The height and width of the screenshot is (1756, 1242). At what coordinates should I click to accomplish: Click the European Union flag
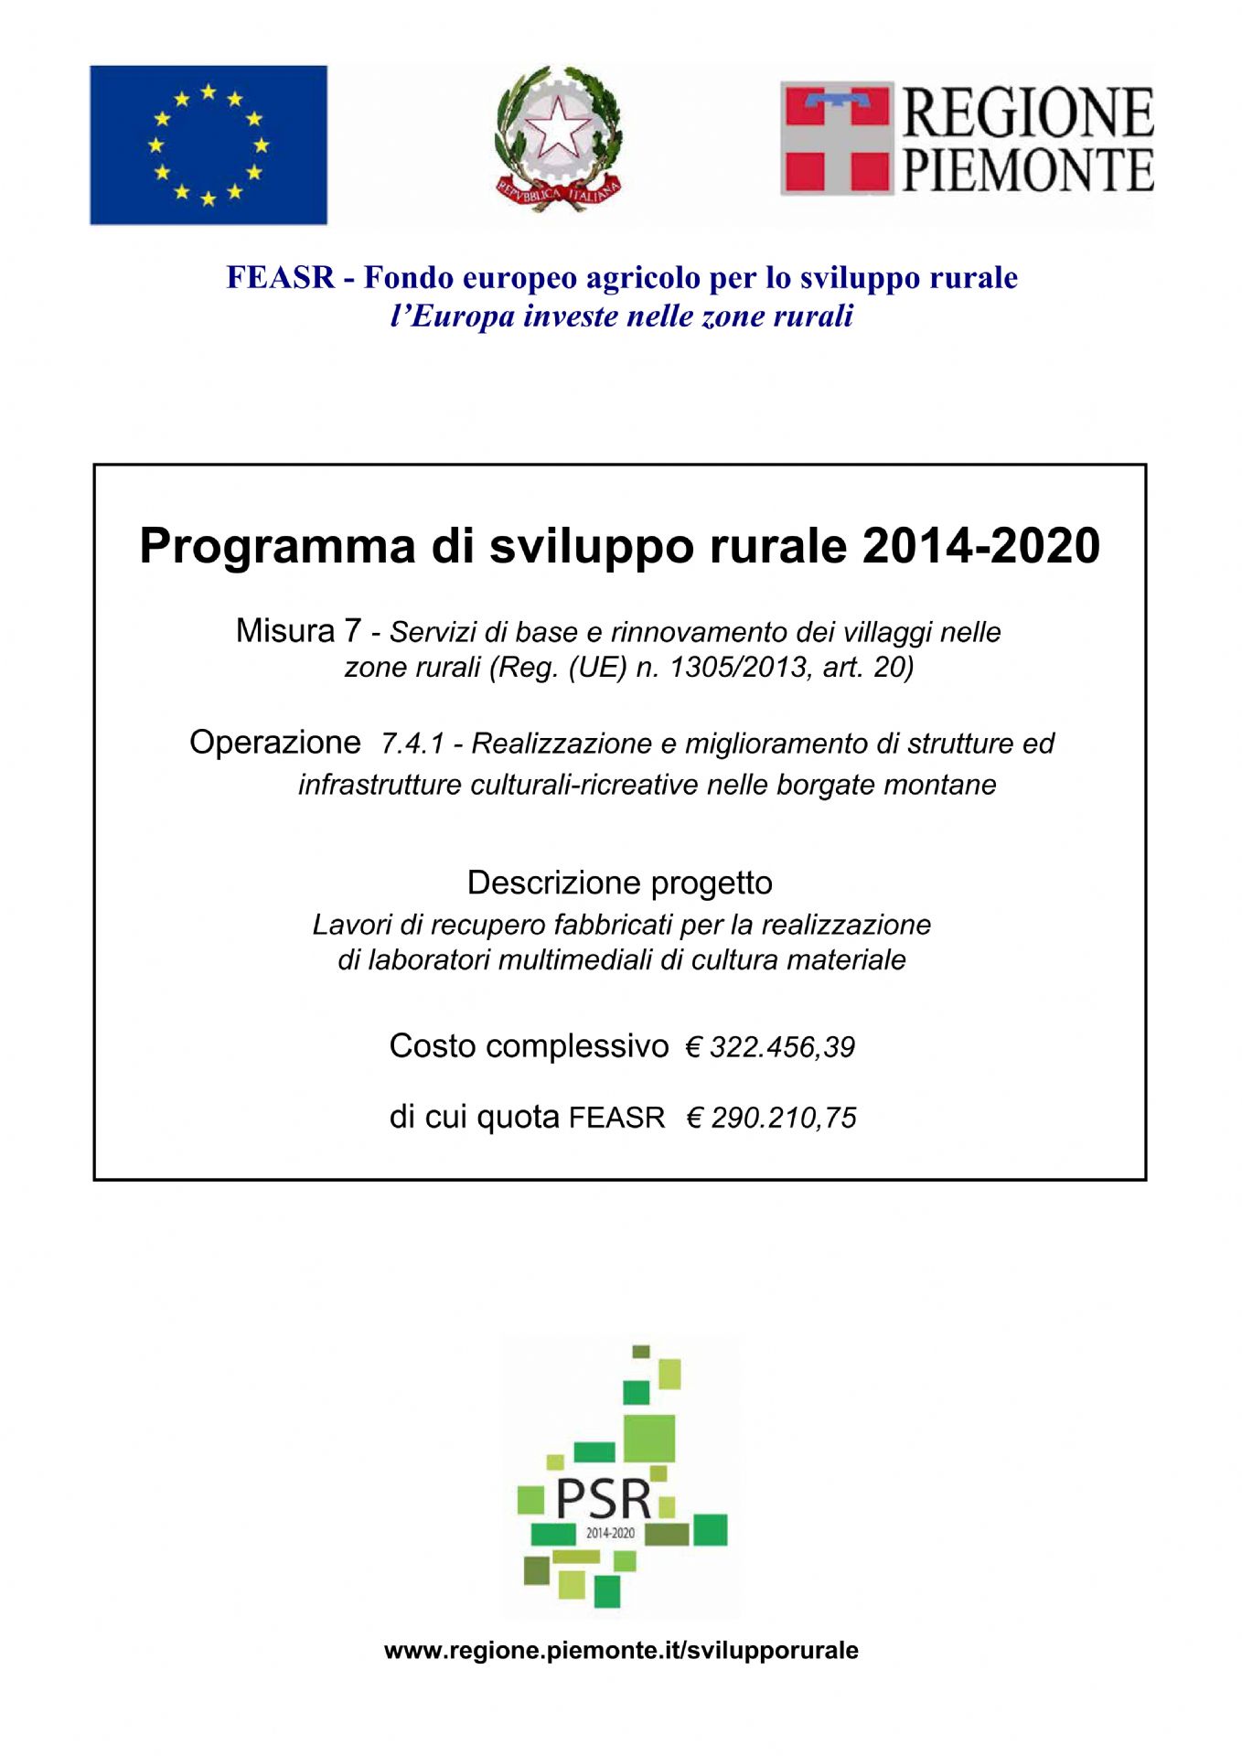coord(208,145)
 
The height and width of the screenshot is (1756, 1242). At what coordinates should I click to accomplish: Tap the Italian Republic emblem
coord(558,138)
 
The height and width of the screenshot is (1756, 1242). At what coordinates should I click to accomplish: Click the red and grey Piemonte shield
coord(836,138)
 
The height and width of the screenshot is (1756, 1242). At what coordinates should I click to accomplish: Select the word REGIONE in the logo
coord(1028,113)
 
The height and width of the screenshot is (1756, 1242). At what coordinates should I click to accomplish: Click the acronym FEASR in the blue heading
coord(281,278)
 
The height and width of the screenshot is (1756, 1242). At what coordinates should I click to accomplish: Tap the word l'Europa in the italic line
coord(452,316)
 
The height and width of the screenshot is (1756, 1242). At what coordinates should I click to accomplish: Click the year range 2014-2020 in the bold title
coord(980,546)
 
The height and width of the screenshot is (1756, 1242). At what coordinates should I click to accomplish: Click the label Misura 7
coord(298,631)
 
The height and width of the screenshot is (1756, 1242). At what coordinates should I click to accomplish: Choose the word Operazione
coord(274,742)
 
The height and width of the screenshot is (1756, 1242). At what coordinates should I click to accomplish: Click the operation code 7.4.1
coord(412,744)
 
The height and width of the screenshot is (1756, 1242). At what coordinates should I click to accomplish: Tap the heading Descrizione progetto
coord(619,883)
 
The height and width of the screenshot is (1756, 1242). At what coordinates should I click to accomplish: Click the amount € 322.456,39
coord(770,1047)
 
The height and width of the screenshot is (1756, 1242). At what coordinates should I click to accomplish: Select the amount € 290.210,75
coord(771,1118)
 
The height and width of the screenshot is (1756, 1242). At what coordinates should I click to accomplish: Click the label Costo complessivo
coord(529,1046)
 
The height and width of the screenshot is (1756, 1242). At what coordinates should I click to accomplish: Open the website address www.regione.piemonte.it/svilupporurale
coord(621,1651)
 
